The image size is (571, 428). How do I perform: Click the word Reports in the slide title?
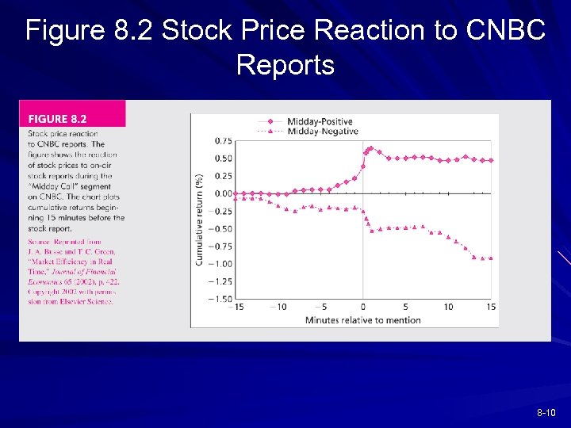285,65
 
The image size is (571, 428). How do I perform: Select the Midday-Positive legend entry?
305,121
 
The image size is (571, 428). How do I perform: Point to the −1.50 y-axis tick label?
220,299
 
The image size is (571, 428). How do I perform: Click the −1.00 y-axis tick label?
220,264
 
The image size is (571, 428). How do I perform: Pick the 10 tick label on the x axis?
448,308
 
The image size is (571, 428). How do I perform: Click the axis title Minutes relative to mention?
362,320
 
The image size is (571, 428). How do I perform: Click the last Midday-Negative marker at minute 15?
492,258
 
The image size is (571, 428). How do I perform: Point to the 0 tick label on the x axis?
363,308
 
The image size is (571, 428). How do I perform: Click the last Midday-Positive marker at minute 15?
492,160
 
